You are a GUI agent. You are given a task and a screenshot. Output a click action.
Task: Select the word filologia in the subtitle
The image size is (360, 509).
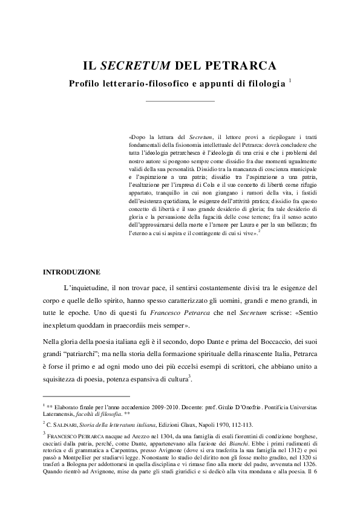(264, 84)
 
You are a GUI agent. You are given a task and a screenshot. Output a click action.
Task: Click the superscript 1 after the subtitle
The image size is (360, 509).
(290, 80)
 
